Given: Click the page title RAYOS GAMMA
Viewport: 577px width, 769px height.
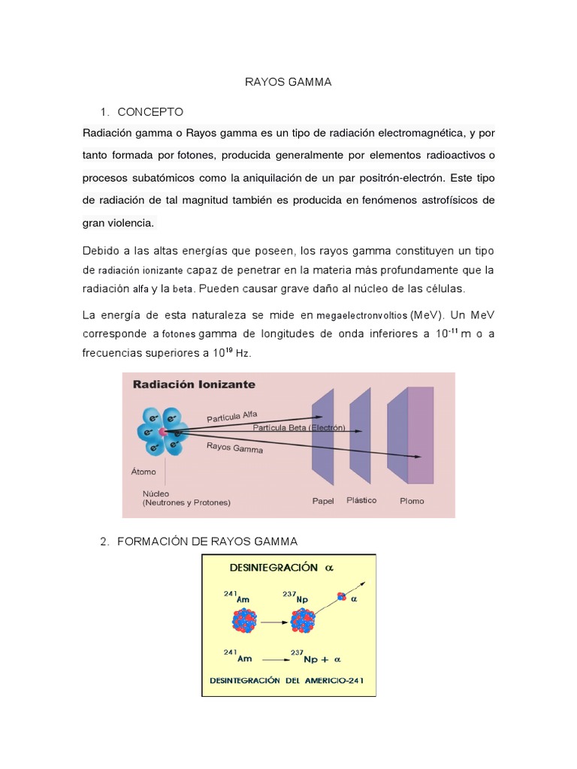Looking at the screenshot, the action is pos(288,83).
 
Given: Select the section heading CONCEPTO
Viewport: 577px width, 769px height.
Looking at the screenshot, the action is pos(150,112).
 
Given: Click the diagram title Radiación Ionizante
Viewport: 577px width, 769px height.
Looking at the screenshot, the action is pos(194,384).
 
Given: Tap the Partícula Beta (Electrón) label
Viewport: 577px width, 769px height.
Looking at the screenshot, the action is pos(298,427).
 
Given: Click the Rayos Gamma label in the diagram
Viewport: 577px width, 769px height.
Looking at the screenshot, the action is pos(234,448).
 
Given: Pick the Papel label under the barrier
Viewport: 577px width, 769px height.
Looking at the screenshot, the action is pos(323,500).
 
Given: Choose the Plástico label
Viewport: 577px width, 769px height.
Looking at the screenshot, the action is pos(361,499).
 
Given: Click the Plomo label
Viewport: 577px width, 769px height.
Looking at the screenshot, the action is pos(411,501).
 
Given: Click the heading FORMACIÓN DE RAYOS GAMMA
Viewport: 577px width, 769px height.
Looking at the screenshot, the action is pos(207,541).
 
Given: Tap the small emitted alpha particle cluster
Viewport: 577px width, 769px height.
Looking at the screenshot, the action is pos(342,596).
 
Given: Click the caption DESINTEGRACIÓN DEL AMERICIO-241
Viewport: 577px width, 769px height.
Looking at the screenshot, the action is pos(288,683).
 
